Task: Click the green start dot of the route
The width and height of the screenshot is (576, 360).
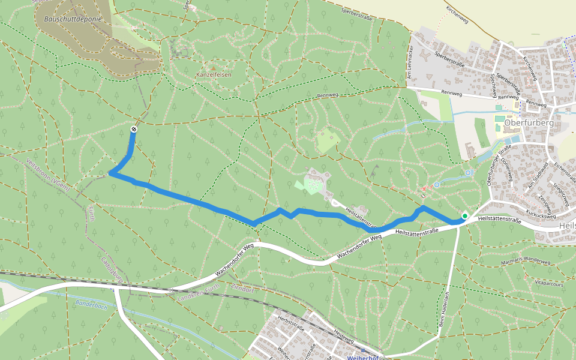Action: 464,215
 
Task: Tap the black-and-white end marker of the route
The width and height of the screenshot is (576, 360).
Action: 133,130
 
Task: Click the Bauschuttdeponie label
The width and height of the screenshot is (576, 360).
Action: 73,19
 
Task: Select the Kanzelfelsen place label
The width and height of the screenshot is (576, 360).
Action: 214,74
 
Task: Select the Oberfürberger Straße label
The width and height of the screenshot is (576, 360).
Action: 498,164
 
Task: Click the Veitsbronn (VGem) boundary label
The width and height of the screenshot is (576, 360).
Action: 48,175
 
